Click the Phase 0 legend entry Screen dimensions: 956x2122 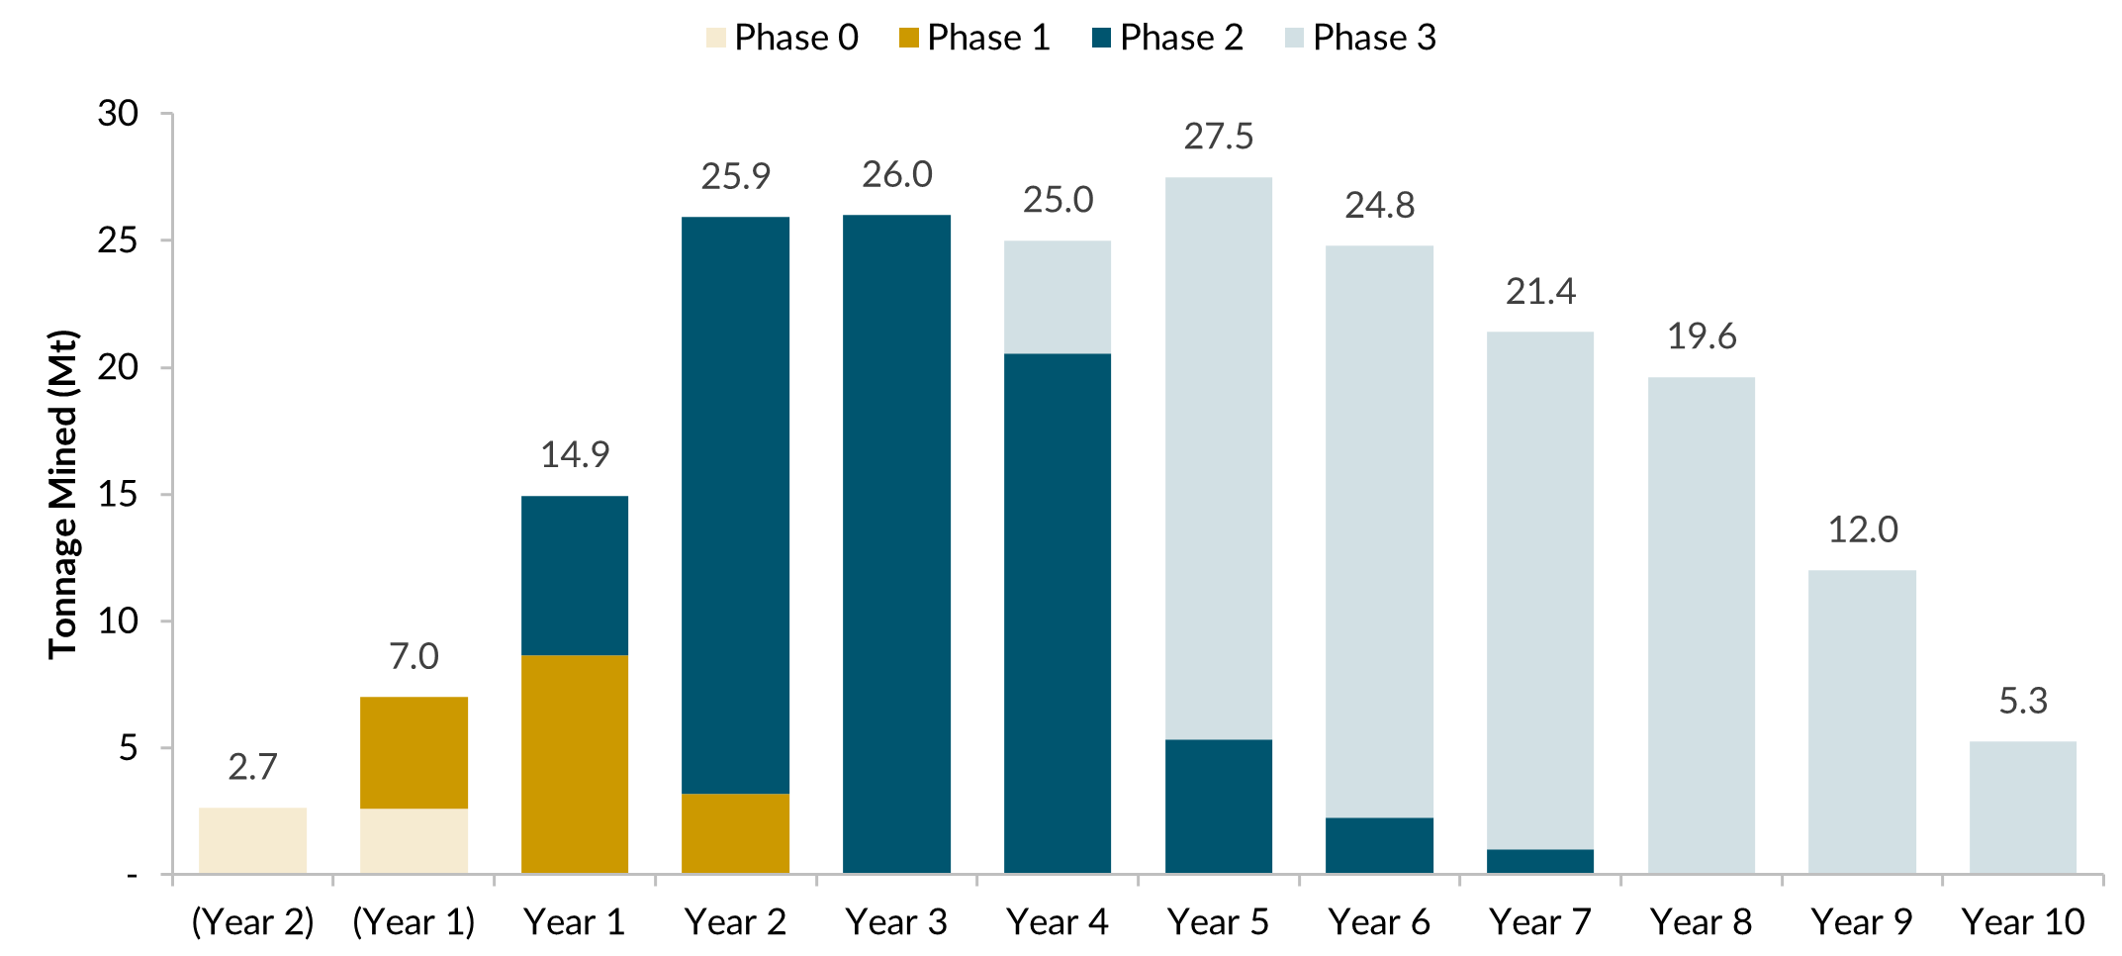click(782, 38)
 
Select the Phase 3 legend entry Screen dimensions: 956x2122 click(1360, 38)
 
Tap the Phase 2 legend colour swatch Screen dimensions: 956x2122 click(1101, 39)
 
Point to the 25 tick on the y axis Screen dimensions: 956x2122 click(118, 240)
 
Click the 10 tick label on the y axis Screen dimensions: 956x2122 click(118, 621)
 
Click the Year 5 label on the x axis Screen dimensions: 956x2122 click(1218, 922)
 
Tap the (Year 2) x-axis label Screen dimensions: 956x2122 click(252, 922)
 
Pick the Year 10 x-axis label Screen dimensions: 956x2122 click(2023, 922)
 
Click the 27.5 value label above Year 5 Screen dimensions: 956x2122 click(1218, 137)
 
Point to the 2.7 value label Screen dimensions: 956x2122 click(252, 767)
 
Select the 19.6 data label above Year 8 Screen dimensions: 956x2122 click(1702, 336)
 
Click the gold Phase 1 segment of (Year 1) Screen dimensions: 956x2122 click(414, 752)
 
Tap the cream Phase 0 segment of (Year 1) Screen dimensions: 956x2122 click(414, 840)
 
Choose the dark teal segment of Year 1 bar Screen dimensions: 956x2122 click(575, 574)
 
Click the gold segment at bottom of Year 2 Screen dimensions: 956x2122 click(736, 832)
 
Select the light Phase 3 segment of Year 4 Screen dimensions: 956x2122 click(1058, 297)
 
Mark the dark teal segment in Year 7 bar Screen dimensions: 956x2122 click(1540, 861)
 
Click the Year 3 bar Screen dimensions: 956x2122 click(896, 544)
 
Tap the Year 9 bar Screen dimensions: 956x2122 click(1862, 722)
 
